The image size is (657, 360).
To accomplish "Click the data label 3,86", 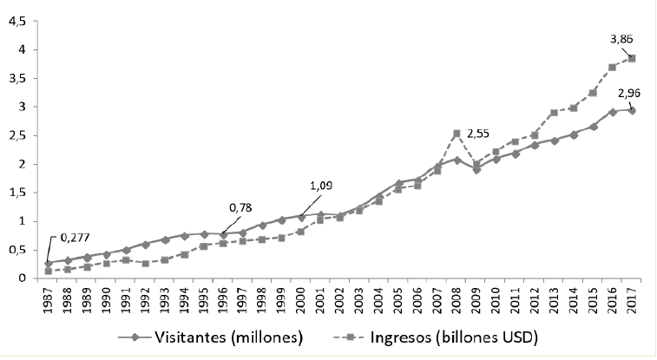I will pos(624,39).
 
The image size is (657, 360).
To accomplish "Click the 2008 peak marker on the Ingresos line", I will pos(457,134).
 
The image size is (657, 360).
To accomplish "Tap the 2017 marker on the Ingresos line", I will pos(631,59).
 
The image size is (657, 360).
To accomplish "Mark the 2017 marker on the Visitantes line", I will pos(631,110).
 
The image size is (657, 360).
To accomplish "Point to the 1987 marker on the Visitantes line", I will pos(48,262).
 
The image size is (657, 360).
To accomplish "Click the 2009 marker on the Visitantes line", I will pos(476,170).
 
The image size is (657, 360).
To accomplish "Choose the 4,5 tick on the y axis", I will pos(16,20).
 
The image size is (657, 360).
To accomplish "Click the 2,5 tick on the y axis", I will pos(16,135).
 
